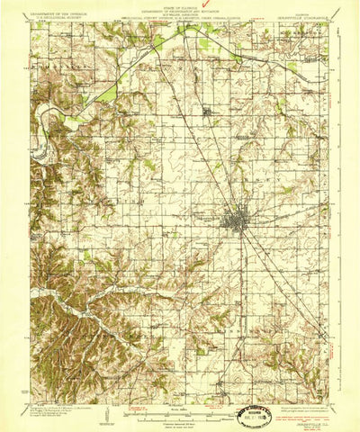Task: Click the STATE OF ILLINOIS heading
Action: pos(180,5)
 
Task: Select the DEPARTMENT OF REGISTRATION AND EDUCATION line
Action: pos(180,9)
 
